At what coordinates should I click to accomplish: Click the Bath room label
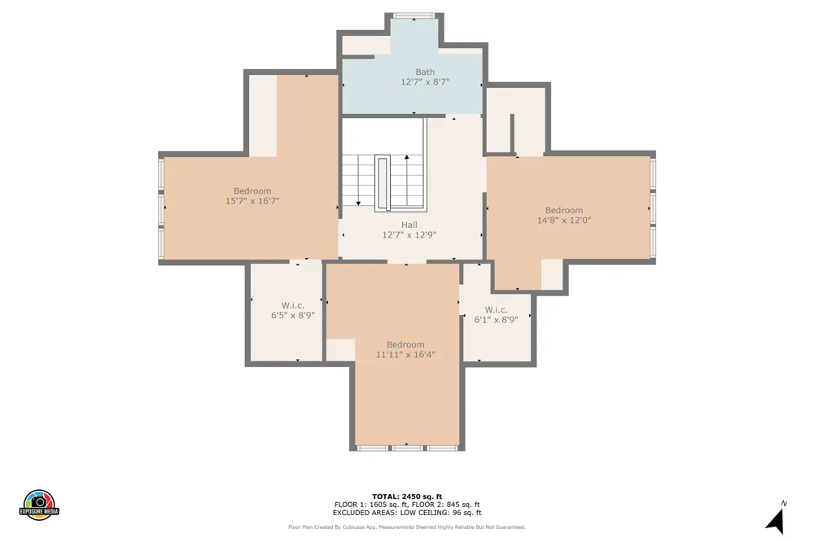tap(425, 72)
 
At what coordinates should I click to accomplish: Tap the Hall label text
tap(409, 225)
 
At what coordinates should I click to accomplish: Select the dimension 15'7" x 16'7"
tap(252, 201)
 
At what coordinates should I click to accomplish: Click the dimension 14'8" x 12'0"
tap(564, 220)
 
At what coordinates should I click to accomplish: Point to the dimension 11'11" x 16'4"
tap(405, 355)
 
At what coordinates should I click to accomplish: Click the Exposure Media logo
tap(39, 505)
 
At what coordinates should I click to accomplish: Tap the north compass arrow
tap(776, 521)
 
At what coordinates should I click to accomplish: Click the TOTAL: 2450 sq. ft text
tap(407, 496)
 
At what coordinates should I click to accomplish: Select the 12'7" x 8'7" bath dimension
tap(425, 82)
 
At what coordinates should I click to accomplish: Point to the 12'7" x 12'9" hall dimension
tap(409, 234)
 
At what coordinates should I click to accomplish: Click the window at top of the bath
tap(414, 15)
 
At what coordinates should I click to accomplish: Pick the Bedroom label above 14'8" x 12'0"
tap(564, 210)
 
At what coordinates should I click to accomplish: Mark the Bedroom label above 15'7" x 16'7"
tap(252, 191)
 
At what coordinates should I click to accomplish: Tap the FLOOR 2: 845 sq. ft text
tap(446, 505)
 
